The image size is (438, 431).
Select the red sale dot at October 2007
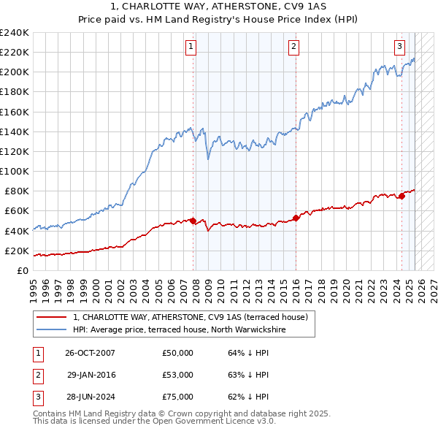193,221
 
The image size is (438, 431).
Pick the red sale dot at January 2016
296,218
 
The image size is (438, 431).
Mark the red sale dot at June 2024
401,196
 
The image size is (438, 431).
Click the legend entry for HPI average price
179,329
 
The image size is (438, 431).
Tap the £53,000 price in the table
177,375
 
